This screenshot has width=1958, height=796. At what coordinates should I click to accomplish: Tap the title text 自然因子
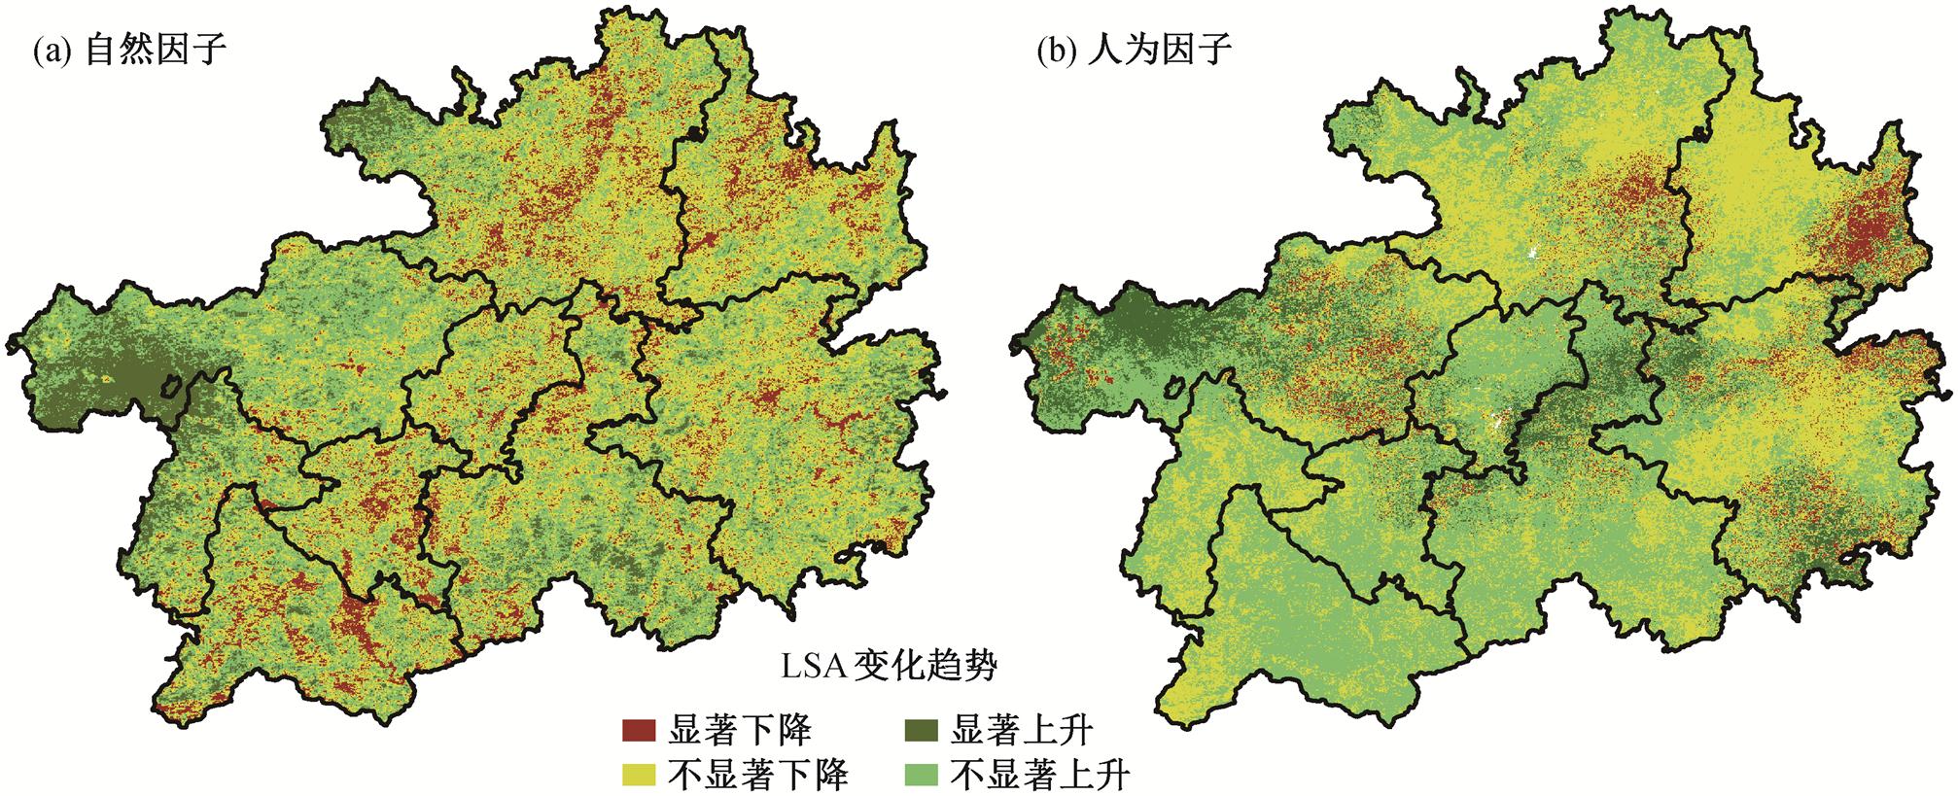[x=157, y=49]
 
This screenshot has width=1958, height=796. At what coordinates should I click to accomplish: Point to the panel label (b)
[x=1054, y=51]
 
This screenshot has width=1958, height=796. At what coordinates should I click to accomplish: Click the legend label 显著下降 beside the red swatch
[x=740, y=729]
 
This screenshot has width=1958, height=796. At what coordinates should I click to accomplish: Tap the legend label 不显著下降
[x=758, y=775]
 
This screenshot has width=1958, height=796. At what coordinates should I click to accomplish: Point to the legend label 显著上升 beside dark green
[x=1022, y=729]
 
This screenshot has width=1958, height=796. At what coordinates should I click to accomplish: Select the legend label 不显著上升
[x=1040, y=775]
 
